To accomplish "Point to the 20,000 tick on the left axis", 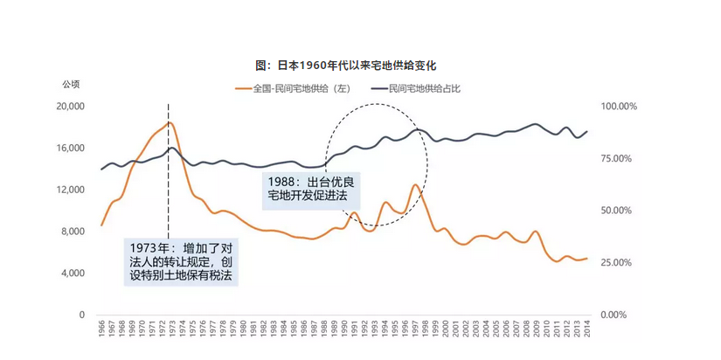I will tap(70, 106).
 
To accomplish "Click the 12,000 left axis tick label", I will tap(70, 190).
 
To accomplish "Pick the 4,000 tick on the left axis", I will tap(73, 273).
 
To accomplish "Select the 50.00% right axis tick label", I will tap(618, 211).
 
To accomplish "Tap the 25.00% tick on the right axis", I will tap(618, 263).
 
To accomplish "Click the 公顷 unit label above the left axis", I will tap(71, 84).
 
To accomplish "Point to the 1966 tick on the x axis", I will tap(101, 330).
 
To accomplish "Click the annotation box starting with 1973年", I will tap(181, 260).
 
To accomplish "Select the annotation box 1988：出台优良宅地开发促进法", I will tap(312, 190).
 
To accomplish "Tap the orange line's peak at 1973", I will tap(170, 122).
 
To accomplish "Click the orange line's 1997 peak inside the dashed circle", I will tap(417, 185).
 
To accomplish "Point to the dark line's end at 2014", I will tap(586, 131).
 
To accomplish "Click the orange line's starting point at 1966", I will tap(101, 225).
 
